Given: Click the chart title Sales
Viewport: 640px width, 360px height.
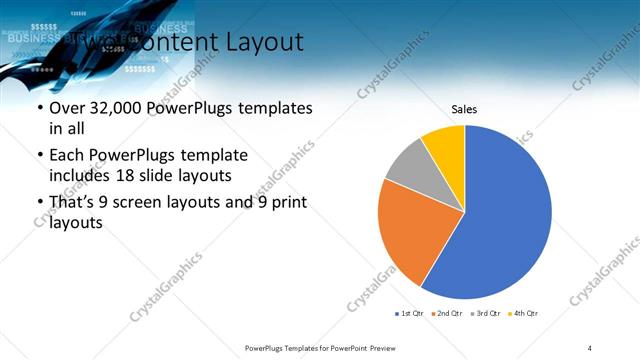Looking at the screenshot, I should click(x=464, y=109).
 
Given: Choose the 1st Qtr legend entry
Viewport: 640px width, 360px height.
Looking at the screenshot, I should click(x=410, y=314).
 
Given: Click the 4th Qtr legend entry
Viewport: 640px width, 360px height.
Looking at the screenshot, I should click(x=525, y=314).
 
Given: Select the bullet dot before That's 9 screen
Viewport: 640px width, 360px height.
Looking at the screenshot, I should click(x=39, y=203).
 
